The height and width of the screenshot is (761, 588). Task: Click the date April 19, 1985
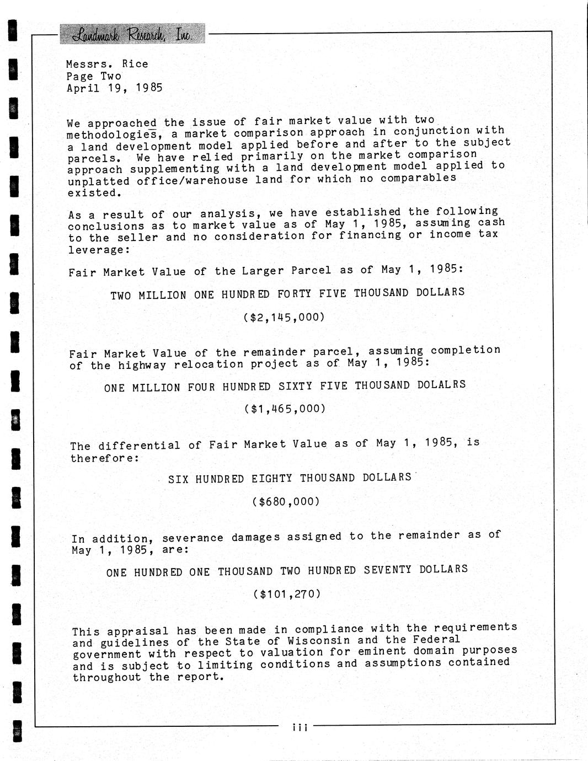[114, 88]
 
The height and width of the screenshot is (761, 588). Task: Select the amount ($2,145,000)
[284, 317]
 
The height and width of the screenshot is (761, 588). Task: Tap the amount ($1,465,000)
[285, 409]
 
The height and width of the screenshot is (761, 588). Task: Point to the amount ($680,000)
[286, 501]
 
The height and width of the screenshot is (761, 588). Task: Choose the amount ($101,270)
[287, 594]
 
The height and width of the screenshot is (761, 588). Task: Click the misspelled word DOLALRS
[441, 384]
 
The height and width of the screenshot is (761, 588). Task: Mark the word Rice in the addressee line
[135, 64]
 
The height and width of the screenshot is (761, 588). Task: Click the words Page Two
[94, 76]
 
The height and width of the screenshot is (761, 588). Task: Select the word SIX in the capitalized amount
[178, 479]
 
